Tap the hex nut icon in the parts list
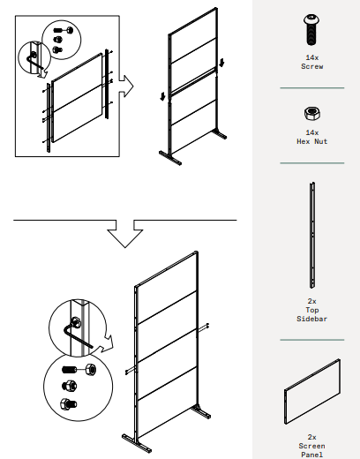pyautogui.click(x=311, y=113)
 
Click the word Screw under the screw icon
pyautogui.click(x=311, y=65)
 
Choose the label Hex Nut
pyautogui.click(x=311, y=141)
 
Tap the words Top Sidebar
pyautogui.click(x=311, y=314)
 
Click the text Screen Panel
pyautogui.click(x=311, y=450)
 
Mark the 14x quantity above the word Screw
pyautogui.click(x=311, y=56)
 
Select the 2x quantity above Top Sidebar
pyautogui.click(x=311, y=301)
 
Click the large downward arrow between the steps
pyautogui.click(x=125, y=233)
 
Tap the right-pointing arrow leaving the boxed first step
pyautogui.click(x=129, y=87)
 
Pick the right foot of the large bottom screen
pyautogui.click(x=200, y=412)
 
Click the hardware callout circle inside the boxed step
pyautogui.click(x=58, y=37)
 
